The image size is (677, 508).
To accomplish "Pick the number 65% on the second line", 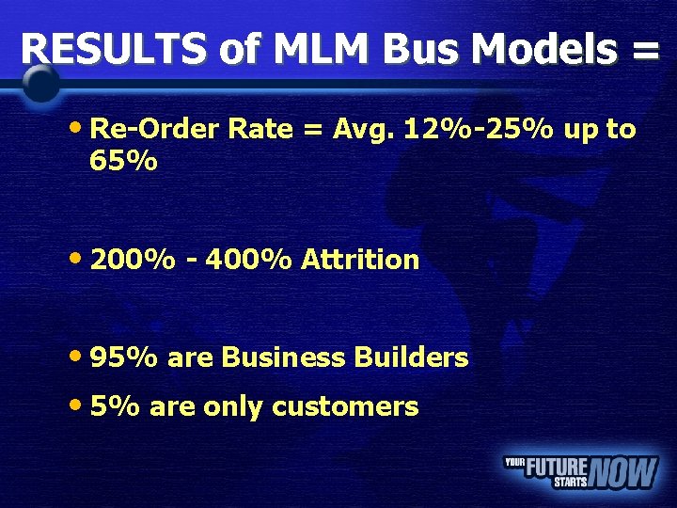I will click(123, 162).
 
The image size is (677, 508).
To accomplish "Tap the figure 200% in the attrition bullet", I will click(133, 260).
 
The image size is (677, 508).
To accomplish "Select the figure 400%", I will click(250, 260).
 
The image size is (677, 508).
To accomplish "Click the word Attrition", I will click(360, 260).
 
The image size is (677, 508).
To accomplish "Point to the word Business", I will click(283, 357).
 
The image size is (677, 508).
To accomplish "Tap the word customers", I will click(345, 406).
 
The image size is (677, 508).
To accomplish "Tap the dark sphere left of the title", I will click(40, 85).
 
